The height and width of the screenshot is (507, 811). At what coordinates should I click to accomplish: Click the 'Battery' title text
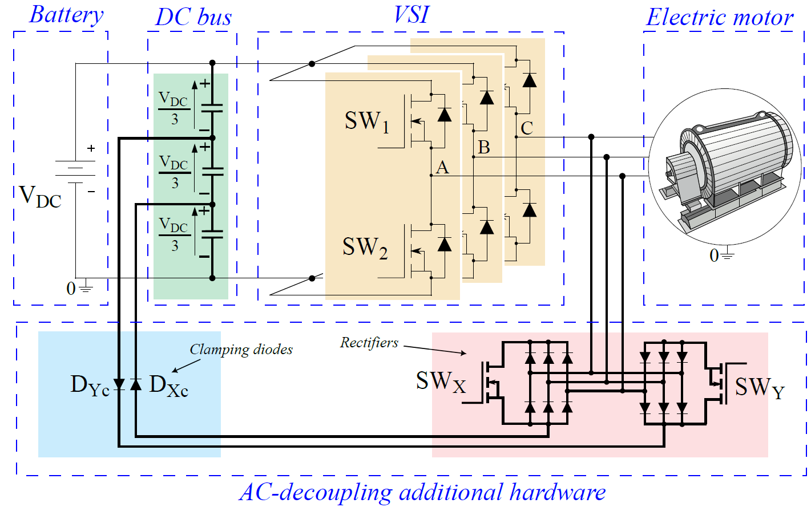click(66, 15)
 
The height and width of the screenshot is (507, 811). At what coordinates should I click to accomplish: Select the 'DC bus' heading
click(193, 17)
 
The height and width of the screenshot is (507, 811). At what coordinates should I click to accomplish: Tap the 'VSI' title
click(411, 15)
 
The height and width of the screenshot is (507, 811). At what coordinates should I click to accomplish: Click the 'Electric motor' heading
click(719, 18)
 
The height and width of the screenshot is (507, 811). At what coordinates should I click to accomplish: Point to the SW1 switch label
click(367, 121)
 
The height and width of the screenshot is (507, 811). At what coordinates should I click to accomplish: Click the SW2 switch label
click(365, 248)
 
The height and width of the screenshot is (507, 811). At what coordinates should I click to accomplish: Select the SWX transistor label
click(440, 382)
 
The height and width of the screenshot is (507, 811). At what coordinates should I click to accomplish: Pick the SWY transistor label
click(759, 388)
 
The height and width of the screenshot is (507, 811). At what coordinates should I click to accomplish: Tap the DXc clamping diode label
click(168, 386)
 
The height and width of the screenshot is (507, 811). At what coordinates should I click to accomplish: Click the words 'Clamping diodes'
click(241, 350)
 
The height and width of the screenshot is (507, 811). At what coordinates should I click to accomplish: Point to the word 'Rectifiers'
click(369, 343)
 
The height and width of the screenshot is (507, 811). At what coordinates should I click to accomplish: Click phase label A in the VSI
click(442, 168)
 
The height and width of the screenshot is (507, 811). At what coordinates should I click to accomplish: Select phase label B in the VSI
click(484, 148)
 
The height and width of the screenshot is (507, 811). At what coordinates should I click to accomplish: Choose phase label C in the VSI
click(527, 128)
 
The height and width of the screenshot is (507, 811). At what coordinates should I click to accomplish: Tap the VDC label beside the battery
click(40, 196)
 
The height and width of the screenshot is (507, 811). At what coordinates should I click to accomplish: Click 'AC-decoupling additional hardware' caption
click(422, 492)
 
